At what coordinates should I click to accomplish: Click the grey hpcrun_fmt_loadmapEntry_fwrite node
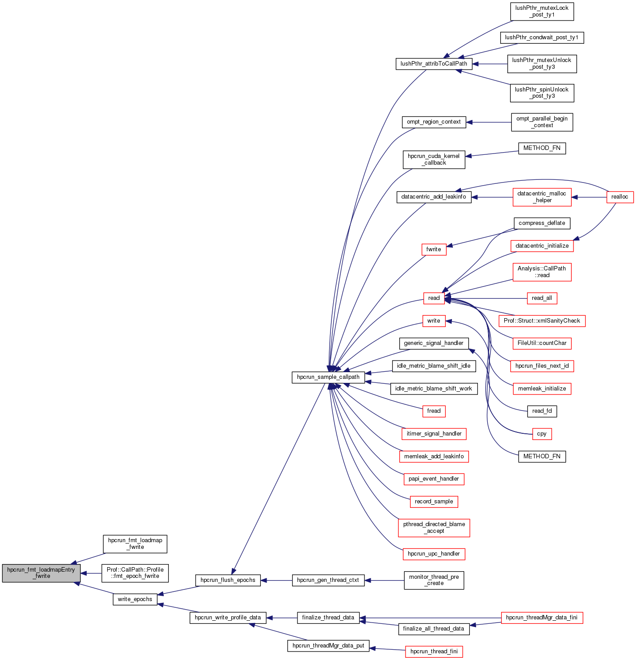41,573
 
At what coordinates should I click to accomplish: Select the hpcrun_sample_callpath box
328,377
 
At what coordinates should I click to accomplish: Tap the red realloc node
619,197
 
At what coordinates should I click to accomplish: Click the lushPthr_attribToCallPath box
434,64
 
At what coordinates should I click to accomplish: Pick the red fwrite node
434,249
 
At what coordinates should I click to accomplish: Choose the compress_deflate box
542,223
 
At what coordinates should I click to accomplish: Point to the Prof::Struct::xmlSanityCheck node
542,321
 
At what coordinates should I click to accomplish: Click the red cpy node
542,434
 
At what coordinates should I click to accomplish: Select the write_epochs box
135,599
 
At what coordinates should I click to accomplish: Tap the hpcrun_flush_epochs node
228,580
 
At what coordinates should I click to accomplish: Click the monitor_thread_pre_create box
434,580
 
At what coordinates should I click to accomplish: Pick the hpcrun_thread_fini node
434,652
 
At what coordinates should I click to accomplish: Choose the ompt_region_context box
434,122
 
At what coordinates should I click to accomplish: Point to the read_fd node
542,411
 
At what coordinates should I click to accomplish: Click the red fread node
434,411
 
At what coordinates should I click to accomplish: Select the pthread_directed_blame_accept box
434,527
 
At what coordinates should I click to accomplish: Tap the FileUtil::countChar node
542,343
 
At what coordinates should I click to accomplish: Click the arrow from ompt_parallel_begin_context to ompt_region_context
489,122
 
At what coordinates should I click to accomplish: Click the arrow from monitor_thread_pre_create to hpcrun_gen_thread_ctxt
384,580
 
